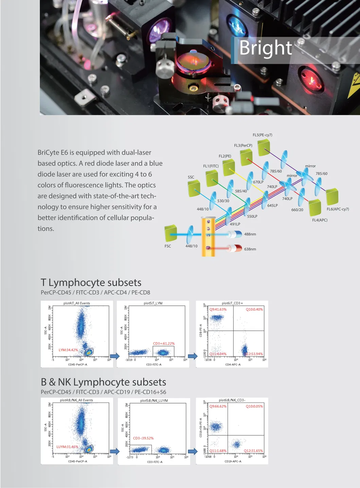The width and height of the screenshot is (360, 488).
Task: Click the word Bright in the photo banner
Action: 265,48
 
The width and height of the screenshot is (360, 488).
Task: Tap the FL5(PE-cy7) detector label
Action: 262,135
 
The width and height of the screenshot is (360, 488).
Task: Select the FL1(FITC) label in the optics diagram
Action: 211,166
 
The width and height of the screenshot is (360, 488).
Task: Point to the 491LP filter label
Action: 235,224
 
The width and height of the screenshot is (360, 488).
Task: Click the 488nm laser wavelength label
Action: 250,234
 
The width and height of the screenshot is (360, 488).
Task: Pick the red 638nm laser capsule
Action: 235,248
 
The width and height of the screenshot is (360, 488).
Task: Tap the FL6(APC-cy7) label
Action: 338,209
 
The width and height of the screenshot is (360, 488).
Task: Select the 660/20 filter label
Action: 297,210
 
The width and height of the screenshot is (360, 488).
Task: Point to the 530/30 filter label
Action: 223,201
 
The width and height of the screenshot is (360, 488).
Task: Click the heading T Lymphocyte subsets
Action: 91,282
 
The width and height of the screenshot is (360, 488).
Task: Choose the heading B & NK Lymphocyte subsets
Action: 103,382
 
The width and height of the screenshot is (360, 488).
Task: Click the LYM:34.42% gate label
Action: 68,350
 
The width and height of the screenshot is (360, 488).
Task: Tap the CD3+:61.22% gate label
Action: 164,343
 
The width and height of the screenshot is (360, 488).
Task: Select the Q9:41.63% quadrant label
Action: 218,309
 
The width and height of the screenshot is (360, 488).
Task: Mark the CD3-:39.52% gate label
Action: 143,438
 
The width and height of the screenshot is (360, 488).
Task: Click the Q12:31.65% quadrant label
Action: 253,451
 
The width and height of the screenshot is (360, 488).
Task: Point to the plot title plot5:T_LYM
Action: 153,303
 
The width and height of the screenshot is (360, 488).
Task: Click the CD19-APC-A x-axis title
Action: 233,462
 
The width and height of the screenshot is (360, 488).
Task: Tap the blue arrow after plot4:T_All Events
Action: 115,356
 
